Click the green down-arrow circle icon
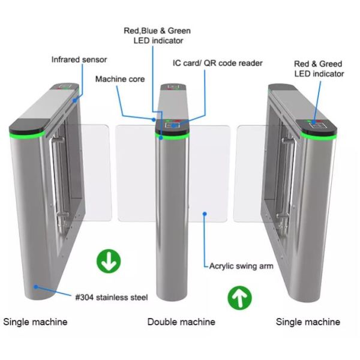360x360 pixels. click(x=109, y=261)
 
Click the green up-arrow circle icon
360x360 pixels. click(x=240, y=297)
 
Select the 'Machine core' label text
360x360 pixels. click(x=120, y=79)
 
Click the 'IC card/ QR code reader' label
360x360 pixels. click(x=217, y=63)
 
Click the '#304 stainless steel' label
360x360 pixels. click(x=112, y=297)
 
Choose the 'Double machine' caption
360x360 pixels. click(x=181, y=322)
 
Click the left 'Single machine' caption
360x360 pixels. click(x=35, y=322)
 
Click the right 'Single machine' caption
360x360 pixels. click(x=308, y=322)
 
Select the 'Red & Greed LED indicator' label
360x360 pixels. click(x=319, y=69)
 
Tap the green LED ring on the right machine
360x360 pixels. click(x=318, y=134)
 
